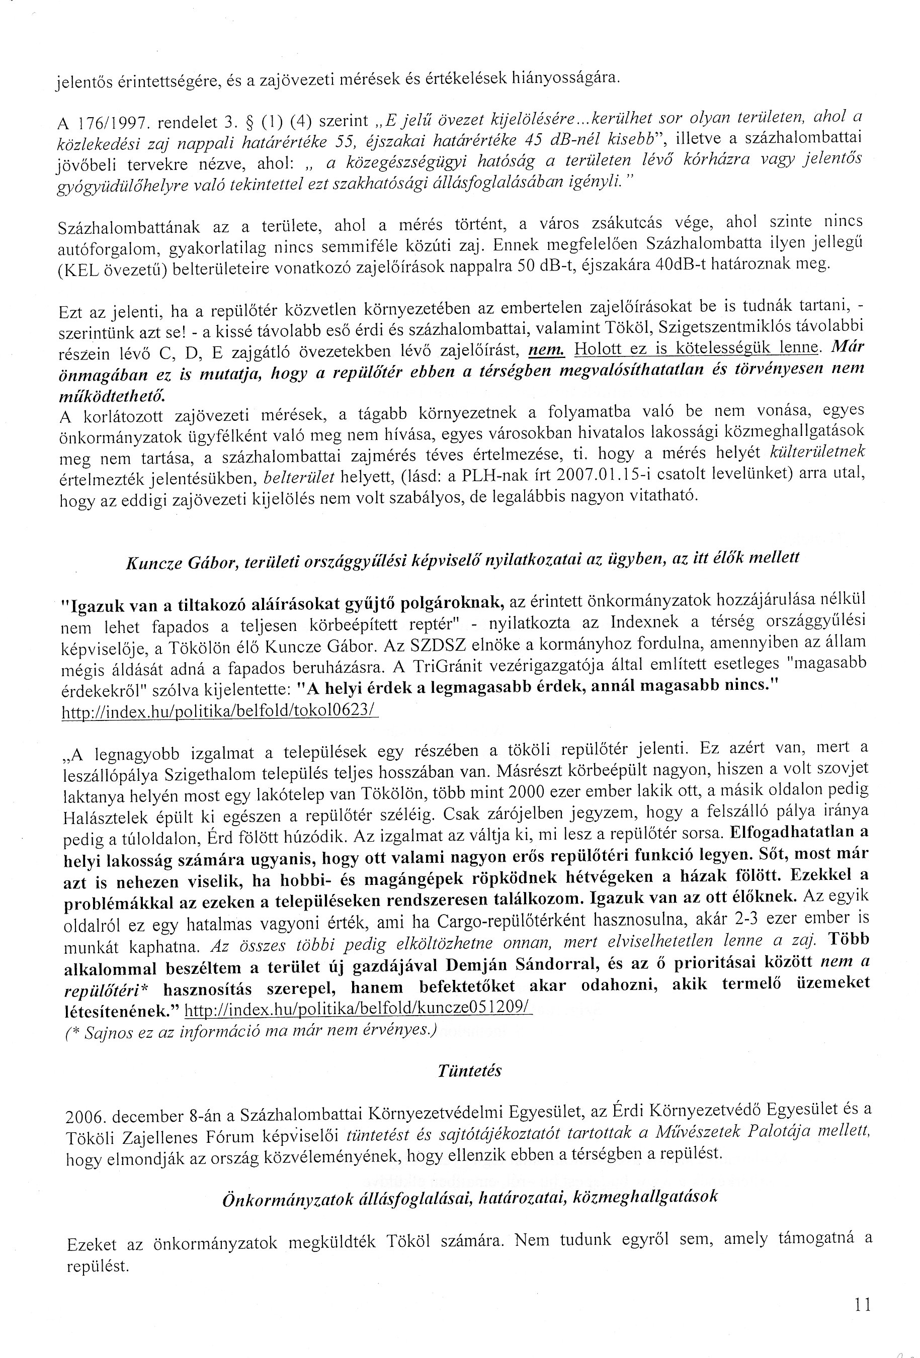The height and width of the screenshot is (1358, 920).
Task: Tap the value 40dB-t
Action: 682,264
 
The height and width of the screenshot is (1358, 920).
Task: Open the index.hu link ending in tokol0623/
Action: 220,711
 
